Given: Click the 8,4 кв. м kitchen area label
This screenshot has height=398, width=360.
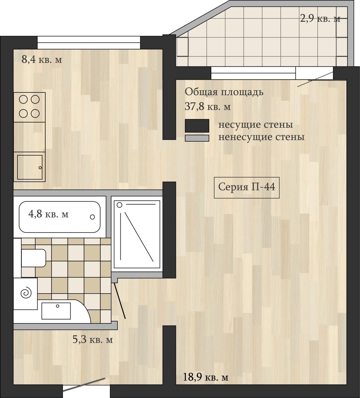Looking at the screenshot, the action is (42, 60).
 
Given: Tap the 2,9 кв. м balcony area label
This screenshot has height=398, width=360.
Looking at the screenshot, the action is (320, 19).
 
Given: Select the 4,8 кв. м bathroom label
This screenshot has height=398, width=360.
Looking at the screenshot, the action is (48, 214).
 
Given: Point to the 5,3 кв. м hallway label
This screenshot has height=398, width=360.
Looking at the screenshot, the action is (93, 339).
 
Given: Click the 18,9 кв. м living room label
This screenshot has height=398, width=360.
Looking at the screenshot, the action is (206, 377).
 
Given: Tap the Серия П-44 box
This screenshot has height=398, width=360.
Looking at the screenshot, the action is (247, 187).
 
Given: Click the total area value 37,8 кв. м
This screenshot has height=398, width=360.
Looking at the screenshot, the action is (208, 107).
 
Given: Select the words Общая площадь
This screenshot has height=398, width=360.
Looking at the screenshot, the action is (224, 92).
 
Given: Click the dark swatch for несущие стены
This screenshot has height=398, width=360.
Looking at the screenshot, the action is (197, 126).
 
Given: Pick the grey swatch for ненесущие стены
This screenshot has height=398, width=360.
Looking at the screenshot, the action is (197, 138).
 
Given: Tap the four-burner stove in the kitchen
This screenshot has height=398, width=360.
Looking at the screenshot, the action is (29, 107).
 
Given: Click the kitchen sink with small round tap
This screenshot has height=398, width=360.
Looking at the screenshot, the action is (29, 167).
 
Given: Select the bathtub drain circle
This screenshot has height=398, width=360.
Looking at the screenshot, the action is (92, 217).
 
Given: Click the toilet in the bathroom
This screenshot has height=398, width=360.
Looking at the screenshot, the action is (33, 258).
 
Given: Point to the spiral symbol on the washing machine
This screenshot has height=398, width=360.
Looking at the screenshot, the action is (26, 293).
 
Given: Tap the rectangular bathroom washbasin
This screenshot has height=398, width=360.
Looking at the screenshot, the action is (56, 311).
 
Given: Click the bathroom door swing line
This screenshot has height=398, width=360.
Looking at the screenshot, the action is (119, 301).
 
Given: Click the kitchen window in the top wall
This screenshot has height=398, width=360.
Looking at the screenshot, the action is (89, 43).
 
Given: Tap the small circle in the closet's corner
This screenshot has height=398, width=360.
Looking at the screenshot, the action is (119, 205).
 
